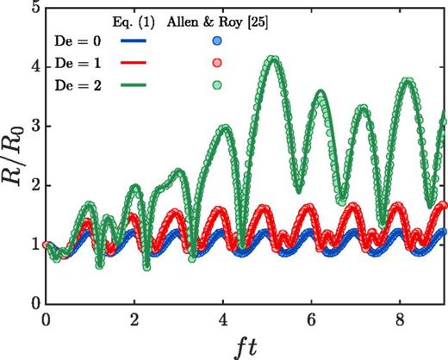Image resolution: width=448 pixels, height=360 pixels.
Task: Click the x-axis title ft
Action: [246, 346]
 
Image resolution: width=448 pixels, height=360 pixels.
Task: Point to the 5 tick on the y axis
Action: [34, 9]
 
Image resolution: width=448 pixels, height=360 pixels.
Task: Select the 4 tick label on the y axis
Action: [34, 68]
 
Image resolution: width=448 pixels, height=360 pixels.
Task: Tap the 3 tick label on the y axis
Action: [34, 127]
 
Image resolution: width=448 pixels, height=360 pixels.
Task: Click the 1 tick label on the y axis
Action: [34, 245]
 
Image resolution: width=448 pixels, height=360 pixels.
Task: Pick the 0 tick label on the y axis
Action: [34, 303]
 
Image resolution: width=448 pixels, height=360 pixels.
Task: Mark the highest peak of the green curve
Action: [273, 59]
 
